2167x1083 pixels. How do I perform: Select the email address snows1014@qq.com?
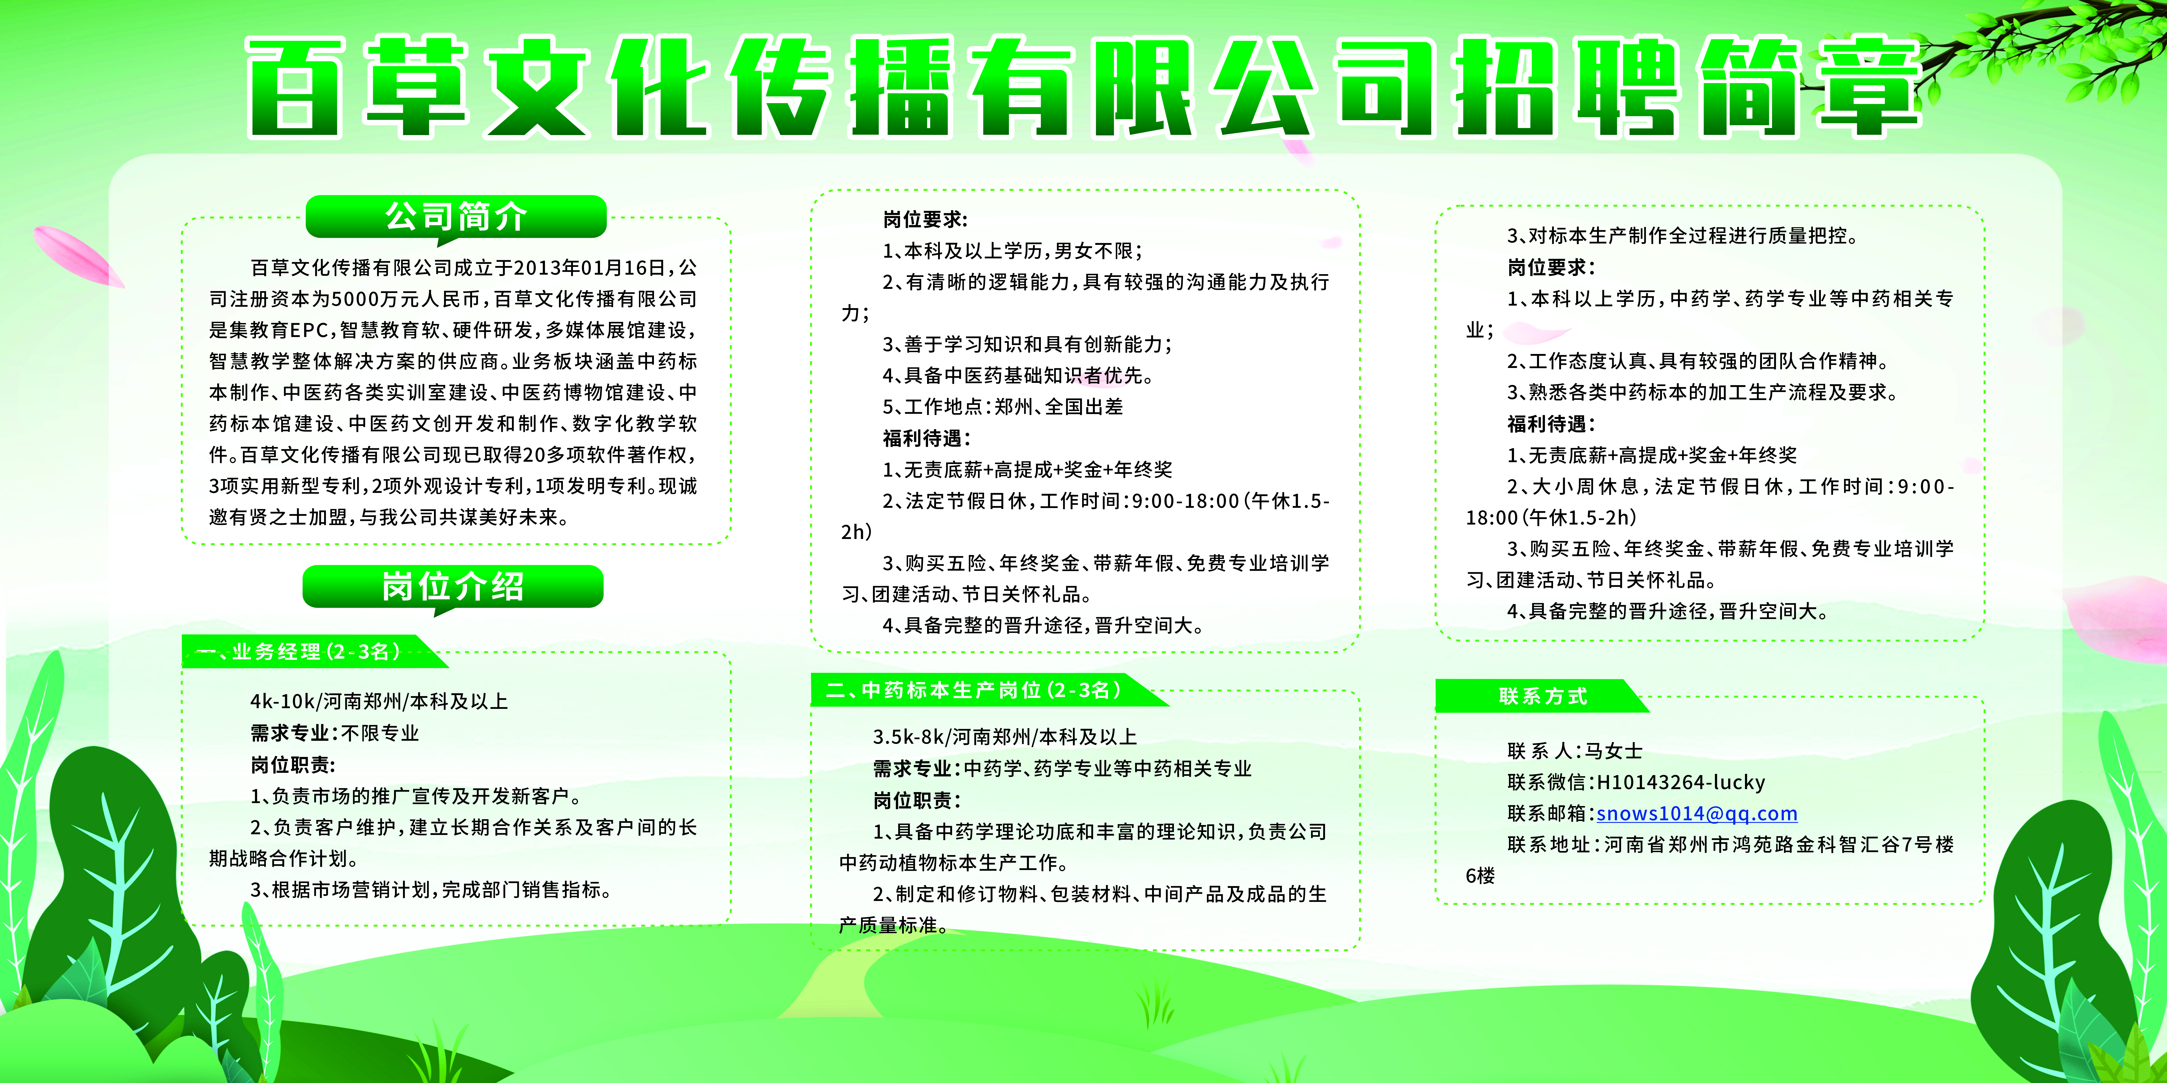point(1697,813)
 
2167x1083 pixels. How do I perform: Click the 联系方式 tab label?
point(1543,696)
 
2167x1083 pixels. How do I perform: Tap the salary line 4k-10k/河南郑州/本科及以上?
point(379,701)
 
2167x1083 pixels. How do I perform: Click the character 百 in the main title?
point(294,87)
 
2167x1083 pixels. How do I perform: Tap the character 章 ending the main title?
point(1869,87)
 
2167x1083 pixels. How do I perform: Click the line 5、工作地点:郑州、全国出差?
point(1003,407)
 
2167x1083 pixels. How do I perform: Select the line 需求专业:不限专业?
point(335,733)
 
